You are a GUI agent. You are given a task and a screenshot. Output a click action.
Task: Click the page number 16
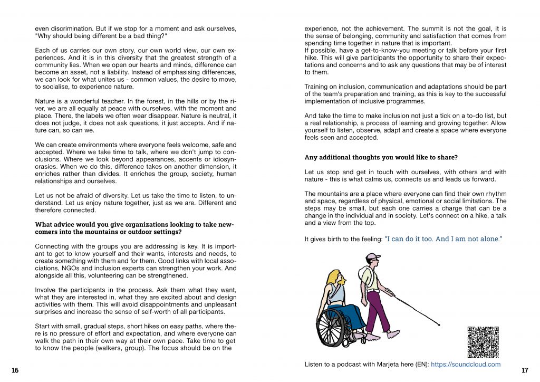pos(15,370)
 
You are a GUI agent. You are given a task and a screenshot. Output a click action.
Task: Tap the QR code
pos(483,342)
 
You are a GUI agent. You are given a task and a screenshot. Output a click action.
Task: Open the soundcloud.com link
pos(466,364)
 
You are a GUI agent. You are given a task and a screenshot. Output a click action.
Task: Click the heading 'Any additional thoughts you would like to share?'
pos(381,157)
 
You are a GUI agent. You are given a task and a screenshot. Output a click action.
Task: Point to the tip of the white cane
pos(439,326)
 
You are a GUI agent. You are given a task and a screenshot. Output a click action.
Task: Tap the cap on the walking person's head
pos(373,257)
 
